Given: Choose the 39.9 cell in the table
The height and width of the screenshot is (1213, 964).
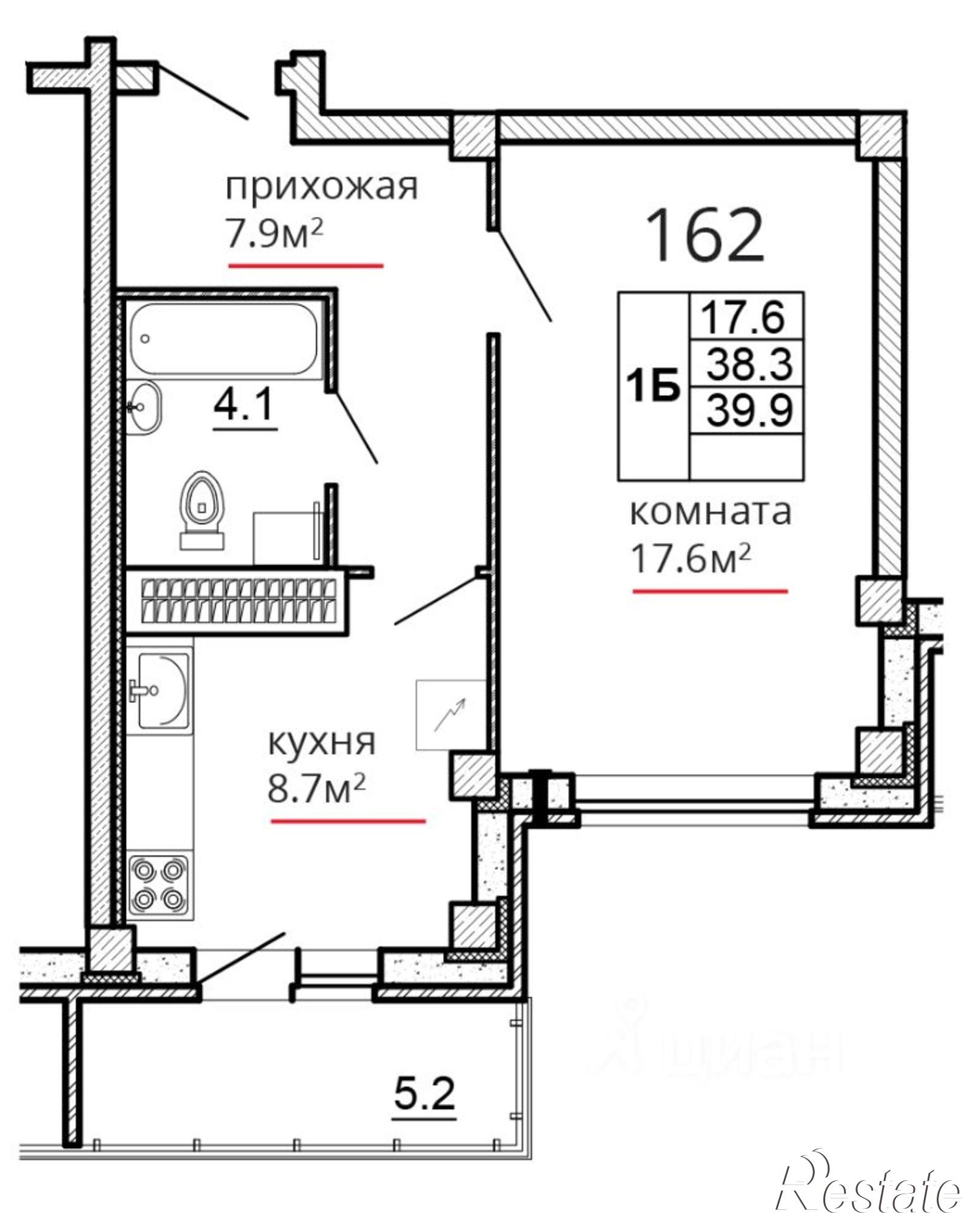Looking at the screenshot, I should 750,411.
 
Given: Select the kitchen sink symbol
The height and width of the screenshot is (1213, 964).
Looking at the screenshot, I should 161,690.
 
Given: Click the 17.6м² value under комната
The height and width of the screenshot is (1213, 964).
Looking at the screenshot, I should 691,558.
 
